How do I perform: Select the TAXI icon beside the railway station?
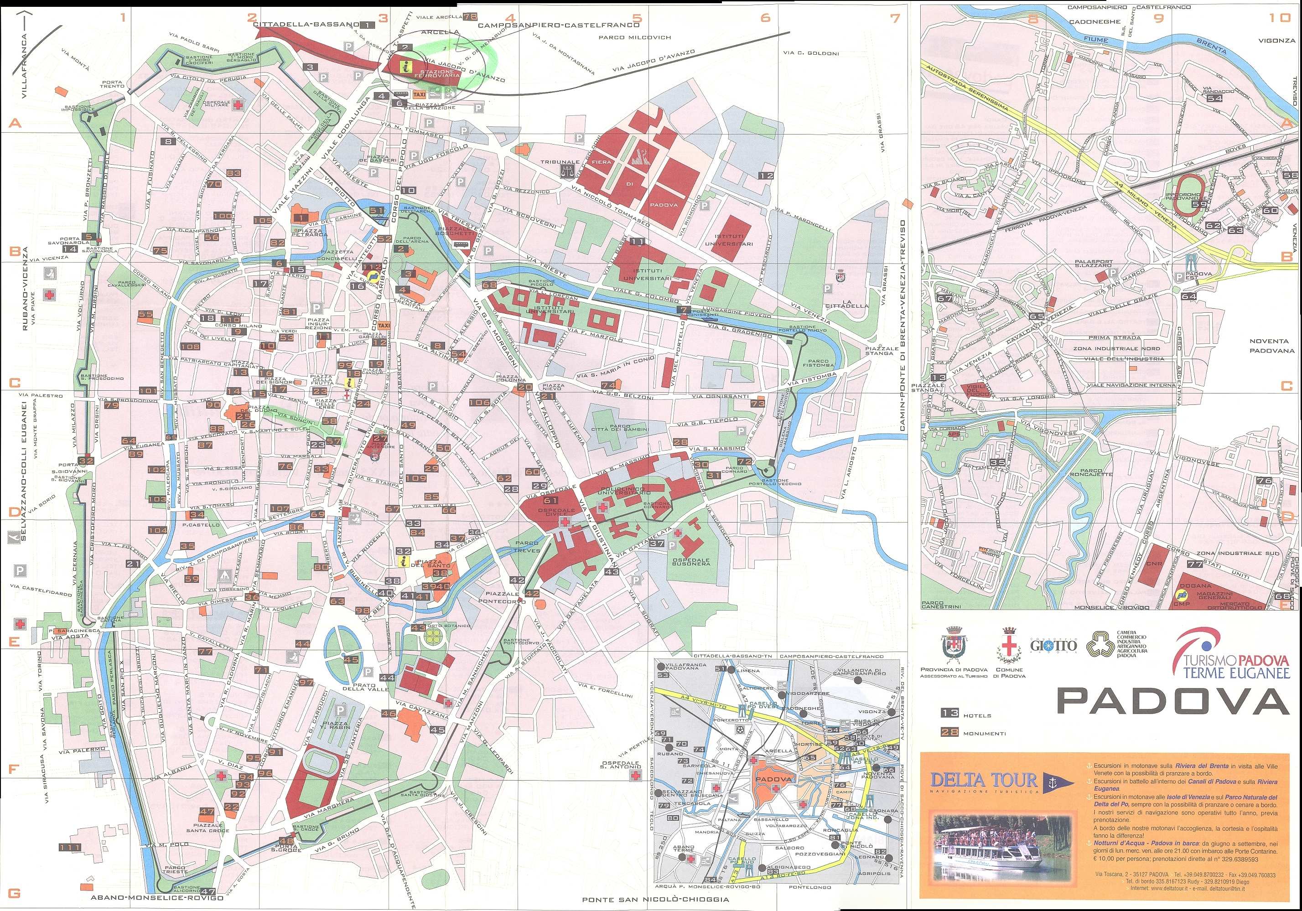click(x=420, y=95)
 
